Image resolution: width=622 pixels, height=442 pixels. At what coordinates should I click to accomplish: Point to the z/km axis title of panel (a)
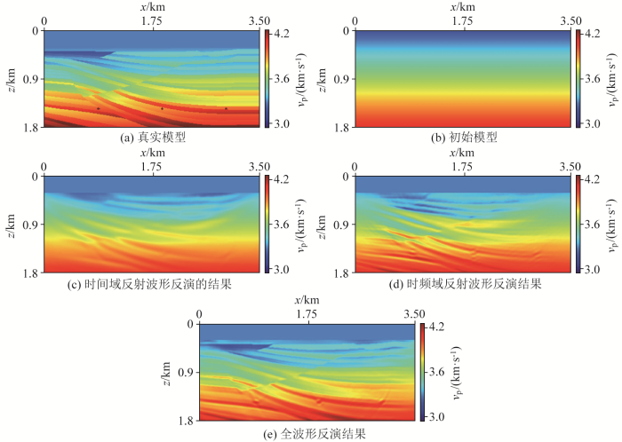(x=12, y=78)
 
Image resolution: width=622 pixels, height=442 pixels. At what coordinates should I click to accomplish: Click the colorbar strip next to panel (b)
(x=577, y=79)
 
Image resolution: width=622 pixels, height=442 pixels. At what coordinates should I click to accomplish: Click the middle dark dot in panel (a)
(x=162, y=108)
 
